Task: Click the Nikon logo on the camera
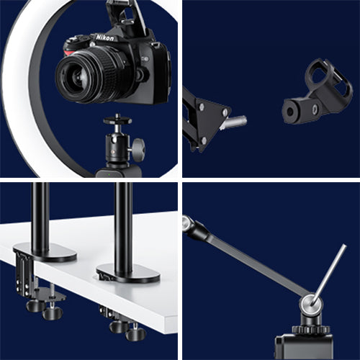pos(105,37)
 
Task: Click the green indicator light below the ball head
pos(109,174)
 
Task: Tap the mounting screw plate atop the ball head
pos(117,120)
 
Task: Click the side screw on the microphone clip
pos(315,109)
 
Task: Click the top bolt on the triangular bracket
pos(201,107)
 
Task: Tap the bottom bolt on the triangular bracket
pos(204,140)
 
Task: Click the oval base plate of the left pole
pos(45,253)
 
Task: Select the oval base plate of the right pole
pos(129,274)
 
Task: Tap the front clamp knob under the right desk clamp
pos(136,333)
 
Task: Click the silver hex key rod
pos(329,275)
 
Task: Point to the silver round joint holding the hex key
pos(311,305)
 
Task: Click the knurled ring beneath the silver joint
pos(311,329)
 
